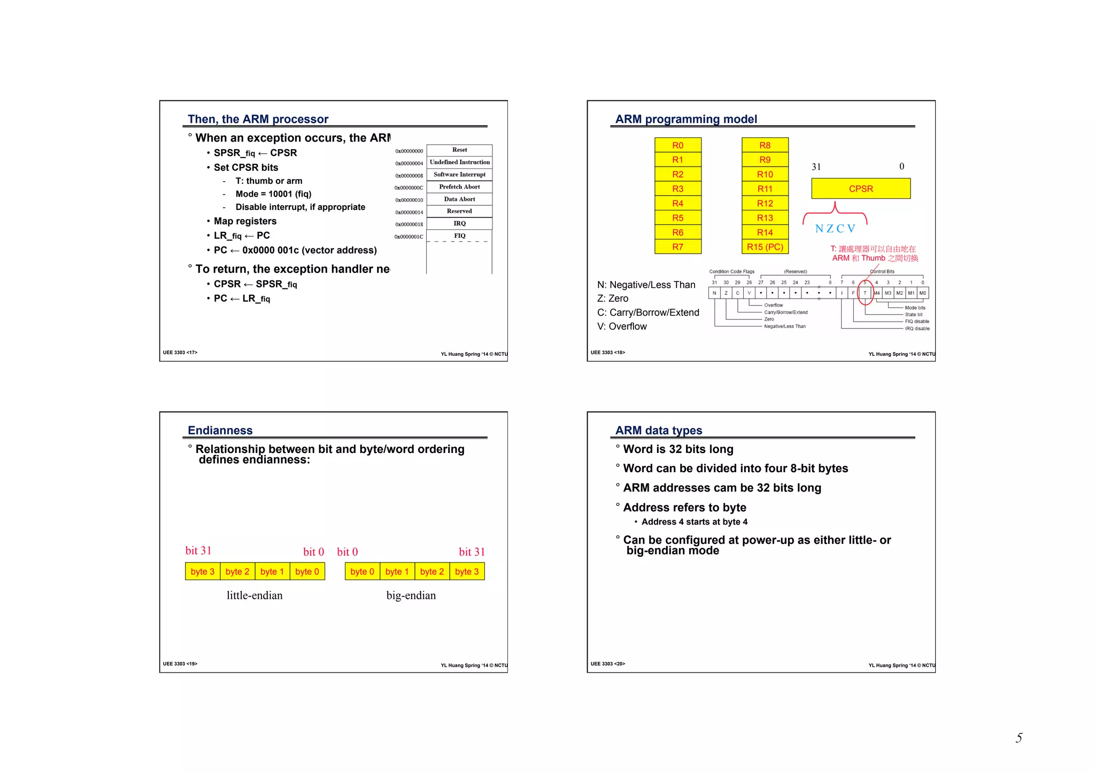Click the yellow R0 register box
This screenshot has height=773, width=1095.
pyautogui.click(x=677, y=145)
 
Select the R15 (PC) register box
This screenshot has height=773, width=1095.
pyautogui.click(x=765, y=247)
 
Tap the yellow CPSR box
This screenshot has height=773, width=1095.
pyautogui.click(x=860, y=189)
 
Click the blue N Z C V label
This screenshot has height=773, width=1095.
pyautogui.click(x=835, y=229)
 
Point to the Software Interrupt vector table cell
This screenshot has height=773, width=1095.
pyautogui.click(x=459, y=175)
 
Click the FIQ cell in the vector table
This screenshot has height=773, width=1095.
pyautogui.click(x=459, y=236)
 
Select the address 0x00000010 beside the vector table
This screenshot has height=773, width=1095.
pyautogui.click(x=409, y=200)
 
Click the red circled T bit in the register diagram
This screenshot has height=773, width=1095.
pyautogui.click(x=865, y=293)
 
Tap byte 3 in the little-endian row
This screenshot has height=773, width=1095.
pyautogui.click(x=203, y=572)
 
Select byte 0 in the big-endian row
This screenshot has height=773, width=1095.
pyautogui.click(x=362, y=572)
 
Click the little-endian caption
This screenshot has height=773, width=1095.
pyautogui.click(x=255, y=596)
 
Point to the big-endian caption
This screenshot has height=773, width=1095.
pyautogui.click(x=411, y=596)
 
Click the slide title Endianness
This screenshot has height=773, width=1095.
pyautogui.click(x=220, y=431)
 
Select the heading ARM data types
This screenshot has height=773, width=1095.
pyautogui.click(x=658, y=431)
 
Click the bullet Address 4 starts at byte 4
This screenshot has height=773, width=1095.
pyautogui.click(x=694, y=522)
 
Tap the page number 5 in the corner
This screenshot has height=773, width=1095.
pyautogui.click(x=1019, y=738)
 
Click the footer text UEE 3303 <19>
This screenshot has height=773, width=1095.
pyautogui.click(x=180, y=664)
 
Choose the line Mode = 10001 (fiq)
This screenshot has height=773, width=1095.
pyautogui.click(x=273, y=194)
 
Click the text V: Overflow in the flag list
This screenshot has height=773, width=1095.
pyautogui.click(x=622, y=326)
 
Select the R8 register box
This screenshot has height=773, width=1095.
pyautogui.click(x=765, y=145)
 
